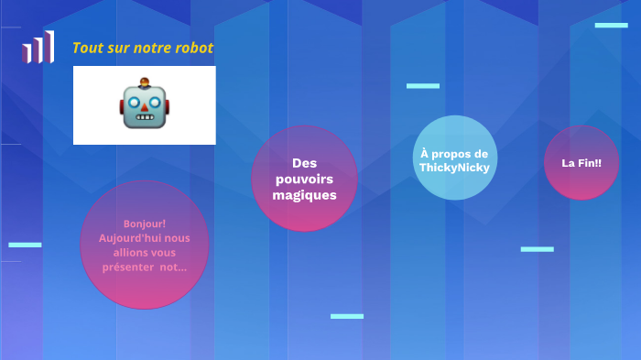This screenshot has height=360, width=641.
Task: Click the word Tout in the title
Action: click(x=85, y=48)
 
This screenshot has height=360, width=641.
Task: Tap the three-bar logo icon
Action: click(x=38, y=48)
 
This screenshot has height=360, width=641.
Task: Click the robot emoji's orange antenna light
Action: click(x=145, y=81)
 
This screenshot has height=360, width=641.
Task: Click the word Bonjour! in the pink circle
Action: click(x=145, y=224)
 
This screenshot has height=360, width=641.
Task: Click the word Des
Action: click(x=304, y=162)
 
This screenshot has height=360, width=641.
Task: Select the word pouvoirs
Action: click(x=304, y=179)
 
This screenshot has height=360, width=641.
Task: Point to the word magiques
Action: click(x=304, y=195)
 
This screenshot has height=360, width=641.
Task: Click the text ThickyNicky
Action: click(x=454, y=169)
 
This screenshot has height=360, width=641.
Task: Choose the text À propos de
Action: click(x=454, y=154)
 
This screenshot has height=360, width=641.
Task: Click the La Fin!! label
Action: click(x=581, y=163)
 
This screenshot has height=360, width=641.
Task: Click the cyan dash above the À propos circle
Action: click(x=423, y=86)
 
